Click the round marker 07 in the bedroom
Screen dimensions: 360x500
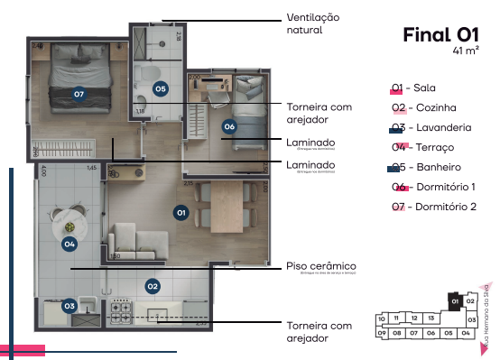[79, 93]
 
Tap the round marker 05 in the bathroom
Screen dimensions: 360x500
[160, 88]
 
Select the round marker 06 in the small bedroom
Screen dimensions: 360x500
[229, 126]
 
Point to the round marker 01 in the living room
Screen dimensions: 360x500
[181, 212]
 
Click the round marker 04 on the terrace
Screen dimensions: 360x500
[69, 243]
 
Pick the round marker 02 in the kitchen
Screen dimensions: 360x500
[153, 286]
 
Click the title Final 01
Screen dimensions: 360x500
[440, 35]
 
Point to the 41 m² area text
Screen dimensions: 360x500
[465, 52]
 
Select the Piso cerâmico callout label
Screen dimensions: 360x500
[320, 266]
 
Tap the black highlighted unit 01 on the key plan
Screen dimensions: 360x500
[456, 300]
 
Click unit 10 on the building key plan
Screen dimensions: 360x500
[382, 318]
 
